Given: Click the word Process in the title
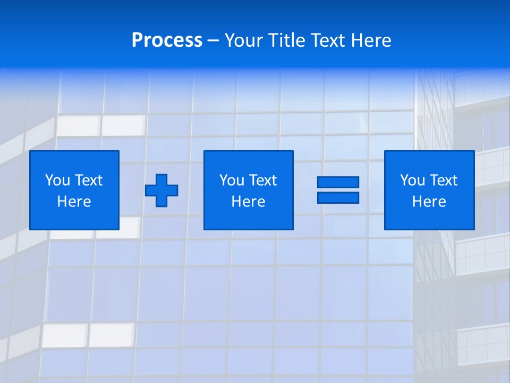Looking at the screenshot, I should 167,40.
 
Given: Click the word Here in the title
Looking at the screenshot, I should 372,40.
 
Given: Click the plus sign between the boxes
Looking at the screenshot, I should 161,190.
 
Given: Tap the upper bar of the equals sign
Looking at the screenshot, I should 338,182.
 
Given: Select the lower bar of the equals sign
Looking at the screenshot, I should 338,197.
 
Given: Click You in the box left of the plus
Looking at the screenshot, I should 57,180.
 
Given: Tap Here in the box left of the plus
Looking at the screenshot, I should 74,202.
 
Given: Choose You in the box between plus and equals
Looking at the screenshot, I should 232,180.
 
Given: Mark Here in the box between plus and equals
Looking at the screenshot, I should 248,202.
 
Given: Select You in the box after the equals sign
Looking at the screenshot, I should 412,180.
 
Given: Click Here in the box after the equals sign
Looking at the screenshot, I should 429,202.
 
